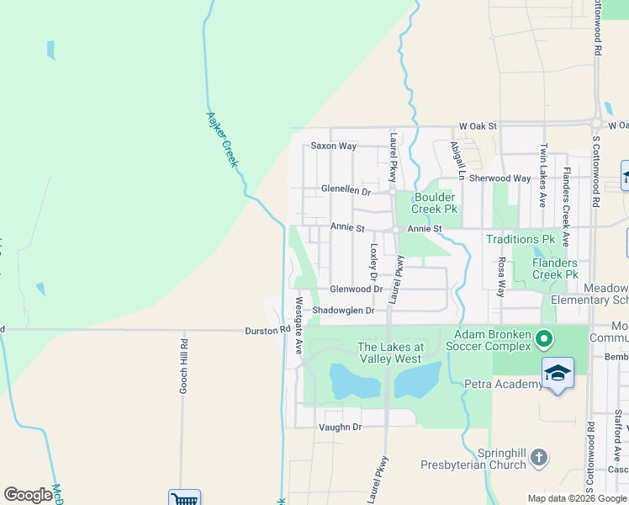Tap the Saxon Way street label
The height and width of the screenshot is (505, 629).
[x=334, y=146]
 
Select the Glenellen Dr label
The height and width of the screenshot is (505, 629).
[x=346, y=191]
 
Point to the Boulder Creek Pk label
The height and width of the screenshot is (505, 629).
[x=435, y=203]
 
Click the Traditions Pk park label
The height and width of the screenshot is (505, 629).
[x=521, y=240]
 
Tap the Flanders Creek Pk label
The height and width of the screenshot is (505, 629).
[x=555, y=268]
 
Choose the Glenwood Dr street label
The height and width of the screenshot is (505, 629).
[x=356, y=289]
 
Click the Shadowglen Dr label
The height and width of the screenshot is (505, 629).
[x=342, y=311]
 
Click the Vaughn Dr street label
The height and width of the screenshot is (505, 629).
[x=340, y=428]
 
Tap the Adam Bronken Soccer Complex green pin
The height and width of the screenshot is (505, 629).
[x=544, y=339]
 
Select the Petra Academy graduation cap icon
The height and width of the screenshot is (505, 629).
[x=558, y=372]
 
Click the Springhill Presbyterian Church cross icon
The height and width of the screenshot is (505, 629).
[x=539, y=458]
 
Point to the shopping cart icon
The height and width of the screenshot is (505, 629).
[x=184, y=499]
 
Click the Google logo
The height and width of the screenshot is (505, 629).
[x=28, y=495]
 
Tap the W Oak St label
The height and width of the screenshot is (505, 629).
[x=478, y=126]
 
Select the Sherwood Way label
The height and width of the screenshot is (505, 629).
[x=499, y=178]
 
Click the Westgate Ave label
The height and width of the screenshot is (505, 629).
[x=299, y=324]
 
